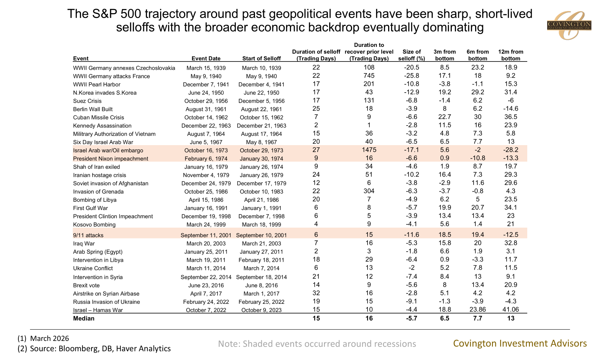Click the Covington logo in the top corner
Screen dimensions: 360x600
point(569,25)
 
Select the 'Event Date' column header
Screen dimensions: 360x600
point(206,58)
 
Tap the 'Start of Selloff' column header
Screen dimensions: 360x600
point(261,58)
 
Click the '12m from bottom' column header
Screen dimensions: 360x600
point(510,55)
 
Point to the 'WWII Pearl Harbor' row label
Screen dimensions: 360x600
point(97,85)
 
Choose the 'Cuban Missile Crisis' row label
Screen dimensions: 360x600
point(98,118)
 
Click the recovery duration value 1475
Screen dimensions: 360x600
point(369,150)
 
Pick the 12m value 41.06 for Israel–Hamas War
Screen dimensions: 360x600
point(510,310)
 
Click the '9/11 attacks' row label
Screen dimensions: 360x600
point(88,235)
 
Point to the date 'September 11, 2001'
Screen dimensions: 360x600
point(206,235)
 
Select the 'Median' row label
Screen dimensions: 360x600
point(84,318)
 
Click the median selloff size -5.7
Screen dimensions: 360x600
point(411,318)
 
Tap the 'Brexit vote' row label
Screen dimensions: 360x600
point(86,285)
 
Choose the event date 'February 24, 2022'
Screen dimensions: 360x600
point(206,302)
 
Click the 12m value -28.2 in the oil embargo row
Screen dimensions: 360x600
point(510,150)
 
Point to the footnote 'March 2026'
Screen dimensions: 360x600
point(49,339)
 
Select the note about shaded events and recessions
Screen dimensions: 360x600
point(317,344)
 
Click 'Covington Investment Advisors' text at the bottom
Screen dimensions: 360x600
point(520,343)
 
